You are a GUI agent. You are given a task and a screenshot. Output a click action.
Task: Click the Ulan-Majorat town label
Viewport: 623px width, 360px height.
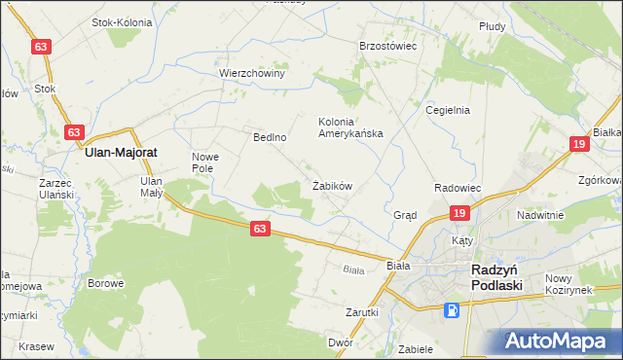121,153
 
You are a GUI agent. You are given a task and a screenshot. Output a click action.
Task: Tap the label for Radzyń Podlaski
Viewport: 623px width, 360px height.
496,277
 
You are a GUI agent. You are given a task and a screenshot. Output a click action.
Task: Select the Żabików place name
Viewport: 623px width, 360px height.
331,185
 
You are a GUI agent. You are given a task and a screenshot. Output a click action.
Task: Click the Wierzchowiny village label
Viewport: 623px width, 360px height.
251,73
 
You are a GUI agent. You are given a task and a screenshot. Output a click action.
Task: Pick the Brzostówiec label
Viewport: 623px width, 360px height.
387,46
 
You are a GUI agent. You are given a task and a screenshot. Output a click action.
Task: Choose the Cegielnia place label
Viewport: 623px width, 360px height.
448,110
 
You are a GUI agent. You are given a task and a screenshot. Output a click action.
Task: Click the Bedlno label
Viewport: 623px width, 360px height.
270,138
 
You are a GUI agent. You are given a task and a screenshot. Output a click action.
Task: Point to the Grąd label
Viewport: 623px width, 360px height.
405,214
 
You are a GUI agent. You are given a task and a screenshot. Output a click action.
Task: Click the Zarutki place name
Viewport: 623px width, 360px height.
360,313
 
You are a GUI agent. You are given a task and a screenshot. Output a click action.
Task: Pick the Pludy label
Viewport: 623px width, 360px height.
492,26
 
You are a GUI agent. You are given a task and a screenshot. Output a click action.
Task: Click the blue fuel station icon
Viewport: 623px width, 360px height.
452,310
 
